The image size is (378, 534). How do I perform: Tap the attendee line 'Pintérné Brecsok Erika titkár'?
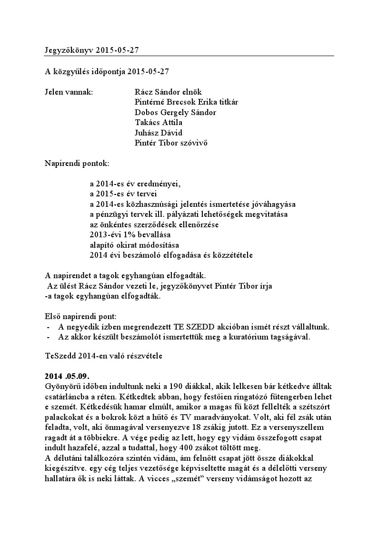[187, 102]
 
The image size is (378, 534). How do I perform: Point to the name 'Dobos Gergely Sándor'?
[176, 112]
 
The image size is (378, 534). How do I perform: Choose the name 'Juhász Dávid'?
[159, 133]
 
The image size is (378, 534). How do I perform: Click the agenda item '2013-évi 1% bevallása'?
[130, 235]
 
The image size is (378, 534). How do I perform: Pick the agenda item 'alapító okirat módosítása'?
[134, 245]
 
